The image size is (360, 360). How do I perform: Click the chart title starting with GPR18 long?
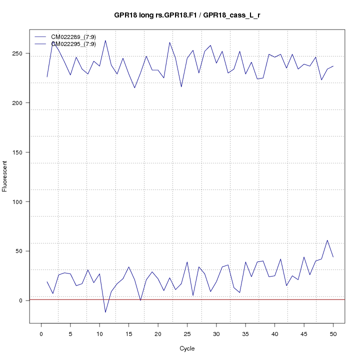[x=186, y=15]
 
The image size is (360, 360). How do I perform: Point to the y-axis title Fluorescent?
[x=5, y=176]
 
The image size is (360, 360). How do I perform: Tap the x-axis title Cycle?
[x=186, y=348]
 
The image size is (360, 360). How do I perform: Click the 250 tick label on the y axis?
[x=21, y=53]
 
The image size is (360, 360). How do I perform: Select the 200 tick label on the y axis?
[x=21, y=103]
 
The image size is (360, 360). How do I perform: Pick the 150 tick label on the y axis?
[x=21, y=152]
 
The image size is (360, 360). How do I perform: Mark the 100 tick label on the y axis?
[x=21, y=201]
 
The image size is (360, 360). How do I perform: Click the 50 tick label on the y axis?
[x=21, y=251]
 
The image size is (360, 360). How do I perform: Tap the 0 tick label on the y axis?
[x=21, y=300]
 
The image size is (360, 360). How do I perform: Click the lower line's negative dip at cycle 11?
[x=105, y=312]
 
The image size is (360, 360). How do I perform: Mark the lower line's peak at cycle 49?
[x=327, y=240]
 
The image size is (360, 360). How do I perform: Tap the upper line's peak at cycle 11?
[x=105, y=40]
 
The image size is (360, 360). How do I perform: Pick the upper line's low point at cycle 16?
[x=134, y=88]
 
